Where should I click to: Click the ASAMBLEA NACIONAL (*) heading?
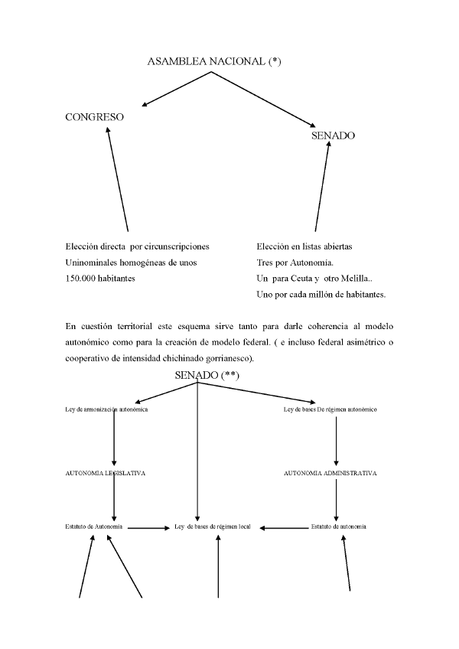coord(214,62)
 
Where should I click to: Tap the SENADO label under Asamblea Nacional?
coord(333,135)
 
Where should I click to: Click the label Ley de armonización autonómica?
coord(106,409)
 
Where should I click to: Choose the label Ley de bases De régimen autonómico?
coord(330,409)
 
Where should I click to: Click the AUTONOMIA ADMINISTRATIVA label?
coord(330,473)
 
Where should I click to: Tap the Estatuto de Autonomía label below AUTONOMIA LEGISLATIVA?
coord(95,527)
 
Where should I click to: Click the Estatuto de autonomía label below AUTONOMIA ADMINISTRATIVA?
coord(339,527)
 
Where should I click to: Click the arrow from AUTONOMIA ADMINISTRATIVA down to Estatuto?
coord(337,500)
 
